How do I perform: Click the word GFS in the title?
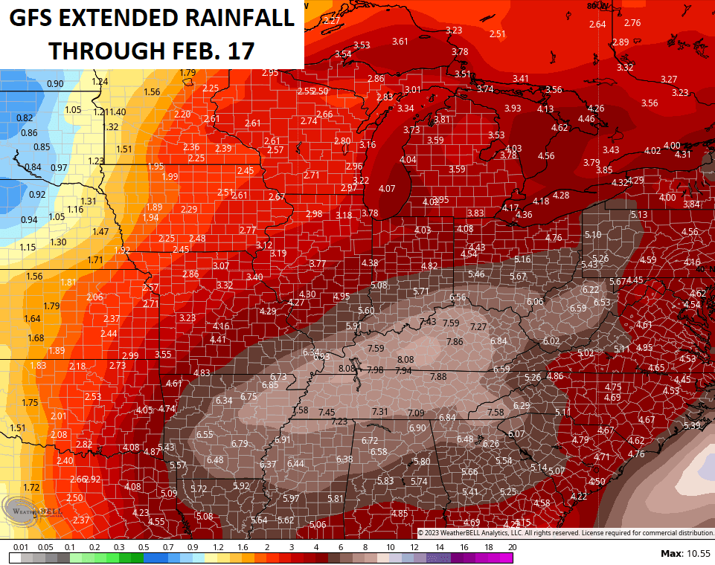31,18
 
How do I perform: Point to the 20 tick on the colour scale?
512,547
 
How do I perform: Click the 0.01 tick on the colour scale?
20,547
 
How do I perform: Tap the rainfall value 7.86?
455,341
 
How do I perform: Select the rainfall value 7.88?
438,377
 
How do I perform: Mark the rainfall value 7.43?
428,321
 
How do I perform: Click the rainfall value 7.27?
478,327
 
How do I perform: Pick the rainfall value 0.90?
55,83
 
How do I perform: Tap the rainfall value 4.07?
387,189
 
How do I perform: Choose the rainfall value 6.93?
321,357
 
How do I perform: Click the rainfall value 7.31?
380,412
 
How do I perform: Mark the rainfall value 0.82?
25,117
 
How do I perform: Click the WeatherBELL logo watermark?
33,512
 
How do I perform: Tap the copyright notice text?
565,532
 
